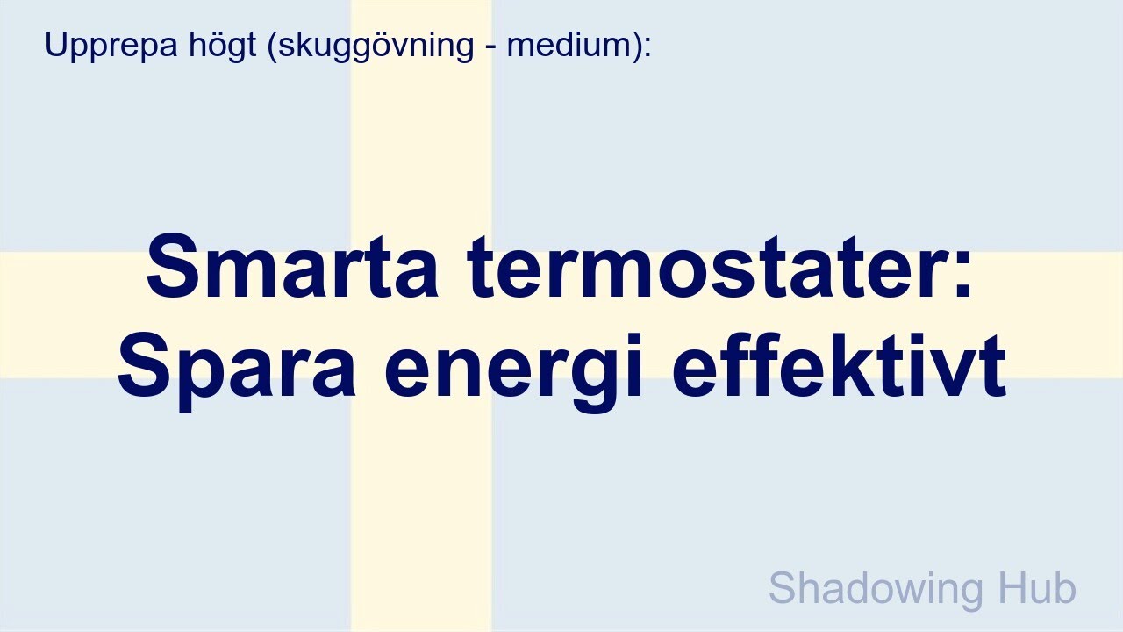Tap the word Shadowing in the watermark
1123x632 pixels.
[x=880, y=589]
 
